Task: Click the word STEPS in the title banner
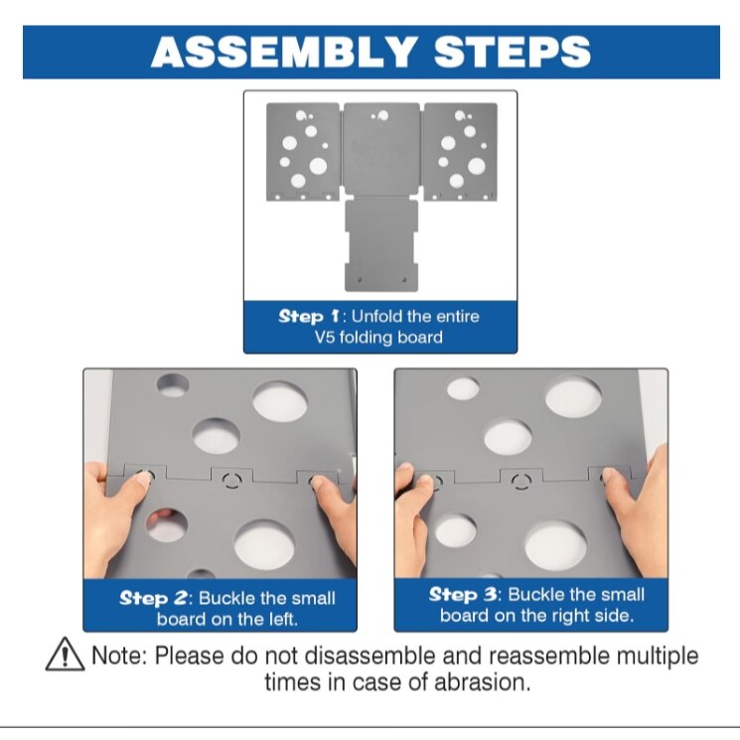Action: [513, 52]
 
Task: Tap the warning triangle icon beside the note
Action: [66, 654]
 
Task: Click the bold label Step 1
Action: [309, 316]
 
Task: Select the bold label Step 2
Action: [153, 598]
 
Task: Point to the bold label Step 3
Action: [463, 594]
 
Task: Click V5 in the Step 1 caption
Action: [325, 337]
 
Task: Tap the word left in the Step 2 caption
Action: [283, 619]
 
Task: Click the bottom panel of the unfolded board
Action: [381, 244]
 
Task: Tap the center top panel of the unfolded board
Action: [381, 149]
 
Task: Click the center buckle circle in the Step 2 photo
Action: [231, 480]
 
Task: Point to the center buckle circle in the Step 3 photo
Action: [521, 482]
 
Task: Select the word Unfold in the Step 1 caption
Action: [376, 316]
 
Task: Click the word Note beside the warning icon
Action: [119, 656]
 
